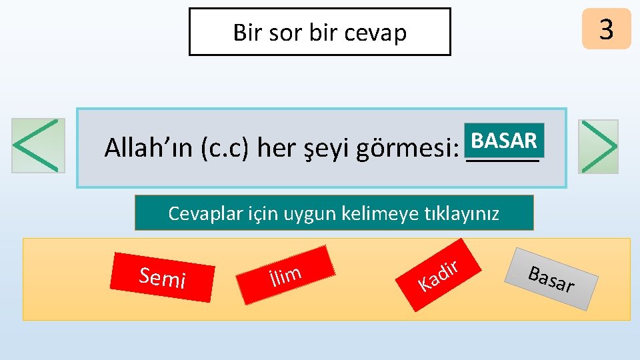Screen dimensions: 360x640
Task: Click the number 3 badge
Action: click(606, 29)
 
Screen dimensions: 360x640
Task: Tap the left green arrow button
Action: click(38, 146)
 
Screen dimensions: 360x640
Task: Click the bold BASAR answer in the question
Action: click(504, 141)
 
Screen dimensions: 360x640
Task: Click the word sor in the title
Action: click(286, 32)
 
